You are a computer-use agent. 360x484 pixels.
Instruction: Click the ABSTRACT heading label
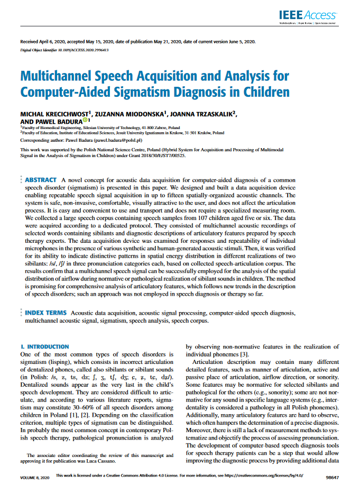point(41,180)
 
